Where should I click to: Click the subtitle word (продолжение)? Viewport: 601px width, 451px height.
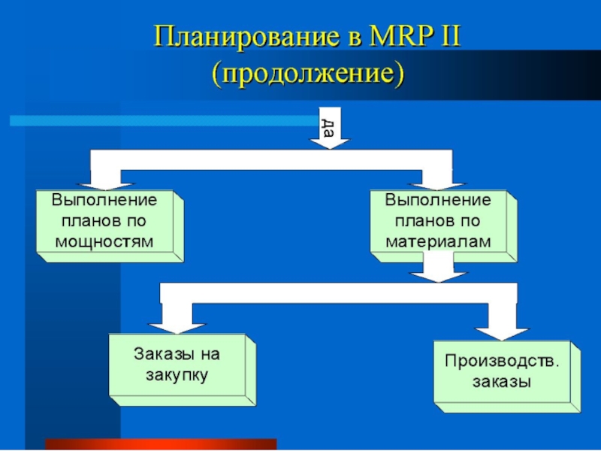click(308, 73)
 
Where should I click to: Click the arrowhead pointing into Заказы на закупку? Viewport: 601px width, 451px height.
click(177, 325)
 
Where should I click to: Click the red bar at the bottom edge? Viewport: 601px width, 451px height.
click(161, 444)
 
